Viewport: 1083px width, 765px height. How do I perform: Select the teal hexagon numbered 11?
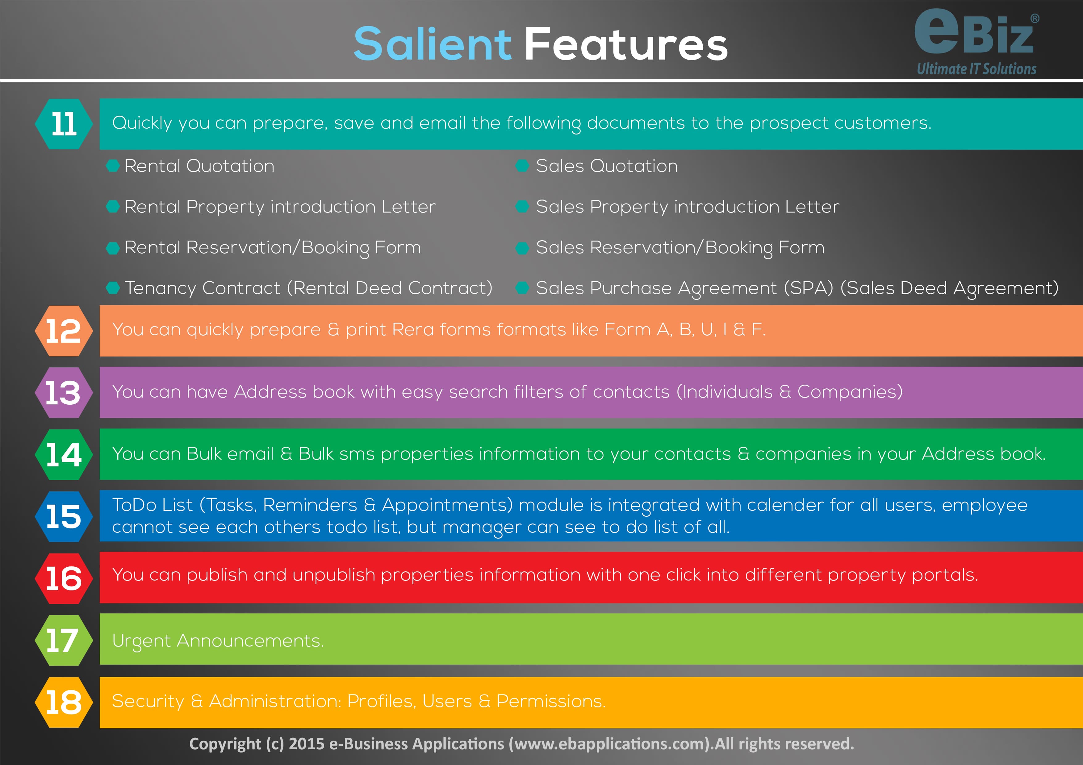(x=64, y=124)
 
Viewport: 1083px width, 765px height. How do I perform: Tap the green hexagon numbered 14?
(x=64, y=454)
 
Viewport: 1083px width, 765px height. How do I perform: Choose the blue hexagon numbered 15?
(x=64, y=516)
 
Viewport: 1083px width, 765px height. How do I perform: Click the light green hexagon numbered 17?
(x=64, y=640)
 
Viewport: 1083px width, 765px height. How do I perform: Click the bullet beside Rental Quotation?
(x=113, y=166)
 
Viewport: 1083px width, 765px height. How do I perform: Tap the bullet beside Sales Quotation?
(x=522, y=166)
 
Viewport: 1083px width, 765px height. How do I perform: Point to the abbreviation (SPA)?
(x=809, y=288)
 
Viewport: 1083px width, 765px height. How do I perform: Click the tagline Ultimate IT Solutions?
(x=976, y=69)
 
